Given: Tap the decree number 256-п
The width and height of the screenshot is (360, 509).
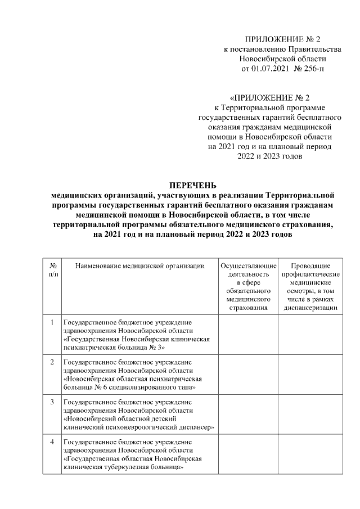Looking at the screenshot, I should click(x=313, y=69).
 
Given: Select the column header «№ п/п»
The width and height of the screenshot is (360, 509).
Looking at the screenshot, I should click(x=52, y=269).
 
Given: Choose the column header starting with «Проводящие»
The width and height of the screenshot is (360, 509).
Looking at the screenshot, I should click(x=310, y=286).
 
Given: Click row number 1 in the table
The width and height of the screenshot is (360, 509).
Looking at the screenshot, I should click(x=52, y=322).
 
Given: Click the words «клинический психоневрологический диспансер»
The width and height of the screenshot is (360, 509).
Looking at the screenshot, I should click(x=139, y=427).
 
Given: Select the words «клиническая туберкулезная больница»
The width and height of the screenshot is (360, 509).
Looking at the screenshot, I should click(x=124, y=467).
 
